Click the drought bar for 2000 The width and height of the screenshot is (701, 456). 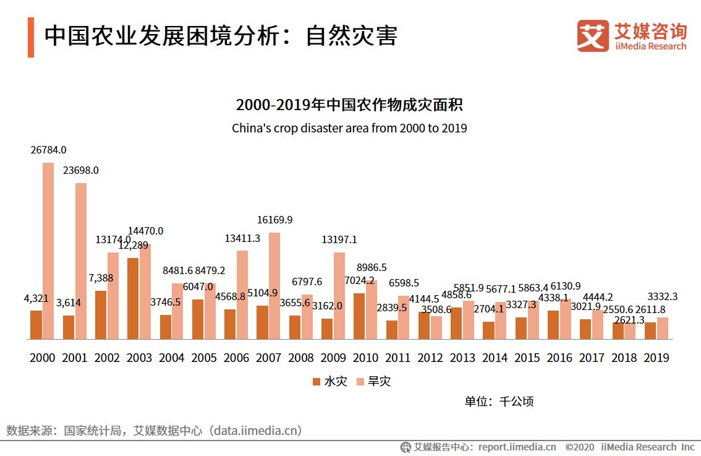[48, 251]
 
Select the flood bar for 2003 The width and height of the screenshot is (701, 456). [133, 298]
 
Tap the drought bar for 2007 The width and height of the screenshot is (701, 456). [274, 286]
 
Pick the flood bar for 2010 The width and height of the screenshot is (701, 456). [359, 316]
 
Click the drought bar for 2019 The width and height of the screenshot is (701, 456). [663, 328]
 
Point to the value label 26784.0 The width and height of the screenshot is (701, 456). [49, 150]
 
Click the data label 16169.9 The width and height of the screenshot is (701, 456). [275, 220]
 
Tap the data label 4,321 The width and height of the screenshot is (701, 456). [36, 298]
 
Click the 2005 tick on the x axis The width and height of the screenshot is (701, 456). [204, 358]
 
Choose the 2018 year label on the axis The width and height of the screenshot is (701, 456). [624, 358]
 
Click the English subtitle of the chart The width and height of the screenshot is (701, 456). [349, 129]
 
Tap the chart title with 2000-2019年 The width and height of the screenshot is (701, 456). [349, 105]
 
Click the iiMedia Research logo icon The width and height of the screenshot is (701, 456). [593, 36]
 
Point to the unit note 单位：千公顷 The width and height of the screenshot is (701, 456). [499, 401]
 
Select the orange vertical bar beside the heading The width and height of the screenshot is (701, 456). [31, 37]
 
